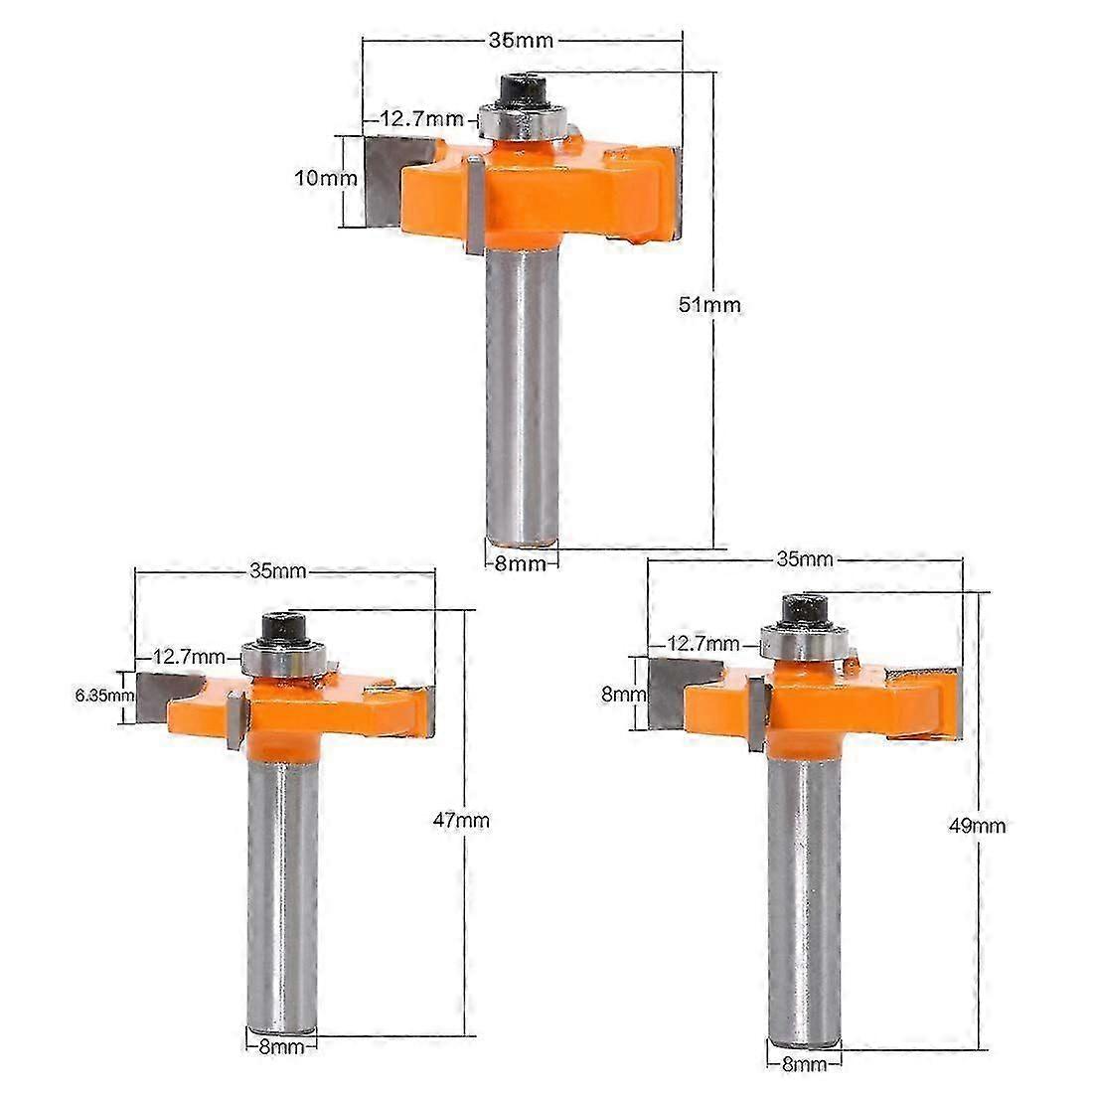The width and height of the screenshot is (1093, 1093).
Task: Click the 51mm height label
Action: (709, 305)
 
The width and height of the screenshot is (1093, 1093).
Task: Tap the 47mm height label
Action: (461, 820)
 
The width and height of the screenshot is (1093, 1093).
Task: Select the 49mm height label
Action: (978, 826)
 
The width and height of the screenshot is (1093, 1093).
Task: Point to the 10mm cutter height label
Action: (326, 178)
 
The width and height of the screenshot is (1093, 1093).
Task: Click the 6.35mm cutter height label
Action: (104, 695)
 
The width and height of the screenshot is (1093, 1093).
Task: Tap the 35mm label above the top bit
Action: (521, 41)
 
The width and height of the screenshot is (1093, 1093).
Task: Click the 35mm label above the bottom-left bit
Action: (277, 571)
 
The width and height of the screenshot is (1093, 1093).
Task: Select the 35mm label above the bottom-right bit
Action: (805, 559)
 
